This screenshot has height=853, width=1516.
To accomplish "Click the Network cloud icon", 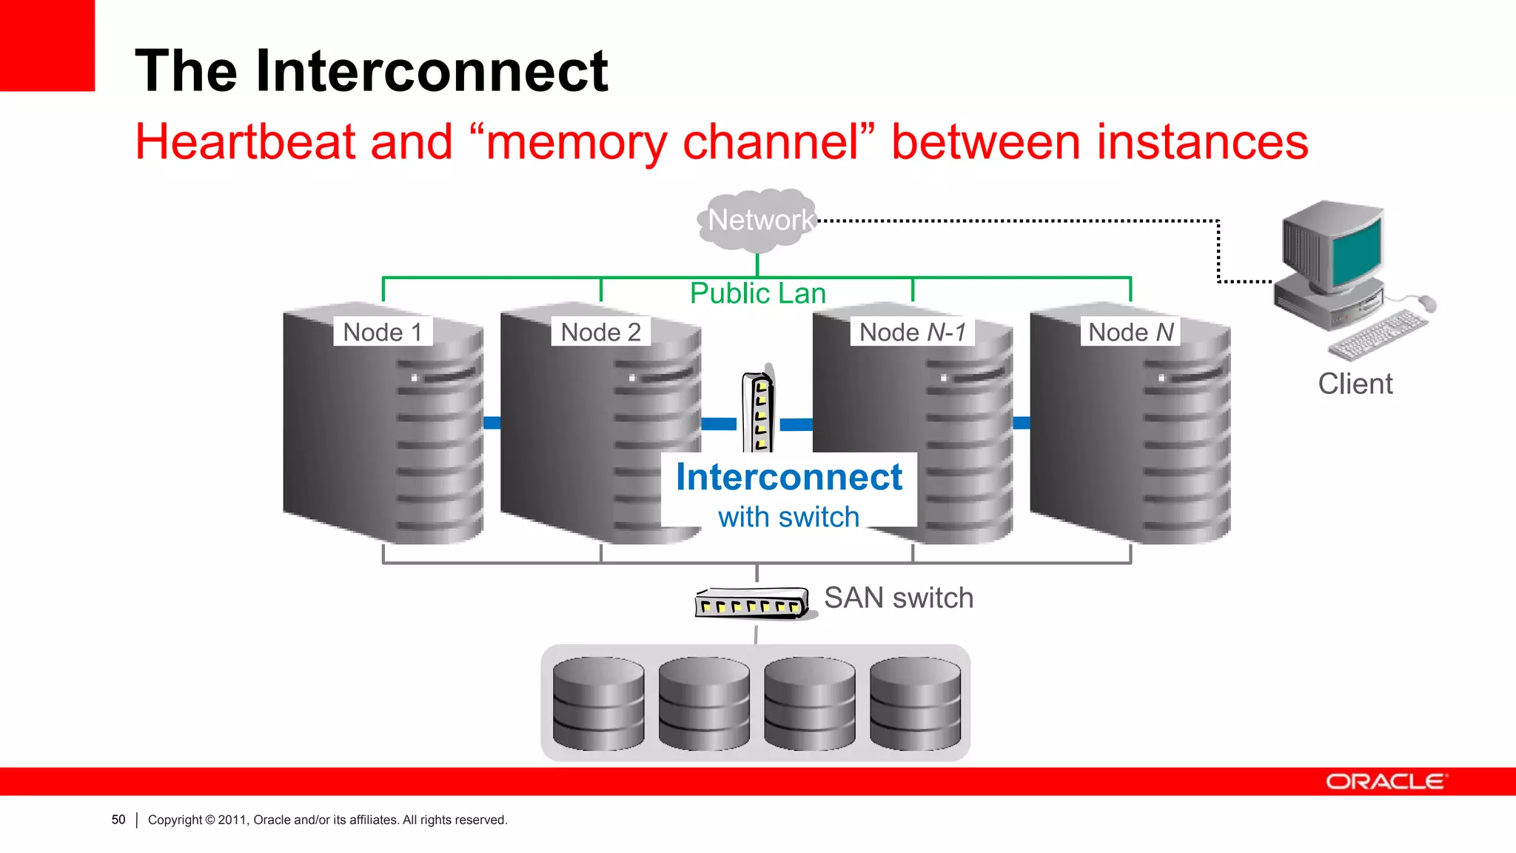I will tap(759, 220).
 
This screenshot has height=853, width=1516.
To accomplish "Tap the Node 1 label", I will tap(383, 332).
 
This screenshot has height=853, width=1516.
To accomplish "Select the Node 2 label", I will tap(600, 332).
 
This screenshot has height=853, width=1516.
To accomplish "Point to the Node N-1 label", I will tap(912, 332).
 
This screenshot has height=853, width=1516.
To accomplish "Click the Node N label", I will tap(1130, 332).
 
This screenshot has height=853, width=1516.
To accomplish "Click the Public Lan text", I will tap(757, 293).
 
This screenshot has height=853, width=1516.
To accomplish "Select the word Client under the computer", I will tap(1355, 384).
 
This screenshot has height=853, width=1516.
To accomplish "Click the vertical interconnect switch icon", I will tap(759, 412).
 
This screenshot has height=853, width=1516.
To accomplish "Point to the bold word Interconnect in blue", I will tap(788, 477).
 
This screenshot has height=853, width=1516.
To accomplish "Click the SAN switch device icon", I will tap(751, 603).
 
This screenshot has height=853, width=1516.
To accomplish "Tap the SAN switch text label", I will tap(898, 598).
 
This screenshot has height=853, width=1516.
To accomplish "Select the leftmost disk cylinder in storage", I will tap(598, 703).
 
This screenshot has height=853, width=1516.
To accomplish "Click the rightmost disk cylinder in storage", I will tap(915, 703).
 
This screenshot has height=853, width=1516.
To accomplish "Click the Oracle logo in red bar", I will tap(1385, 782).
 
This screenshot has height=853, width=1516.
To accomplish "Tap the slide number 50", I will tap(118, 820).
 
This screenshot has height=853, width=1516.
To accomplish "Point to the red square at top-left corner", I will tap(47, 45).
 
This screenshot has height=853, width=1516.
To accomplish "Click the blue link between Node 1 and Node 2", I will tap(492, 423).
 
